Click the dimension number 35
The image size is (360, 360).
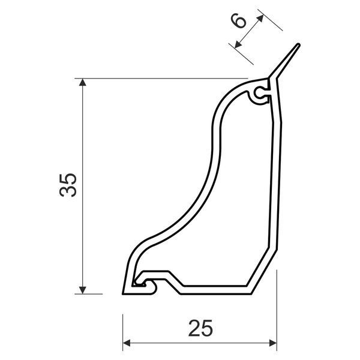(x=68, y=185)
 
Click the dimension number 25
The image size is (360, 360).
(x=200, y=328)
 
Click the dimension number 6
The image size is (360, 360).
(x=239, y=20)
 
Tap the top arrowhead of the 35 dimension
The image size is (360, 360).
(x=82, y=82)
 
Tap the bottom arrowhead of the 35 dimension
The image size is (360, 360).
(x=82, y=290)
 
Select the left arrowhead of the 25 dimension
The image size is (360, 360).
(x=127, y=343)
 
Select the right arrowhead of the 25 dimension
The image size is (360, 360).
(x=273, y=343)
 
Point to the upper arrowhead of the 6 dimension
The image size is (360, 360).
(x=260, y=19)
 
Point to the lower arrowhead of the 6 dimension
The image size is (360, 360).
(x=238, y=45)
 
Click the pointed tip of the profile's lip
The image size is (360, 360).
(x=298, y=44)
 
